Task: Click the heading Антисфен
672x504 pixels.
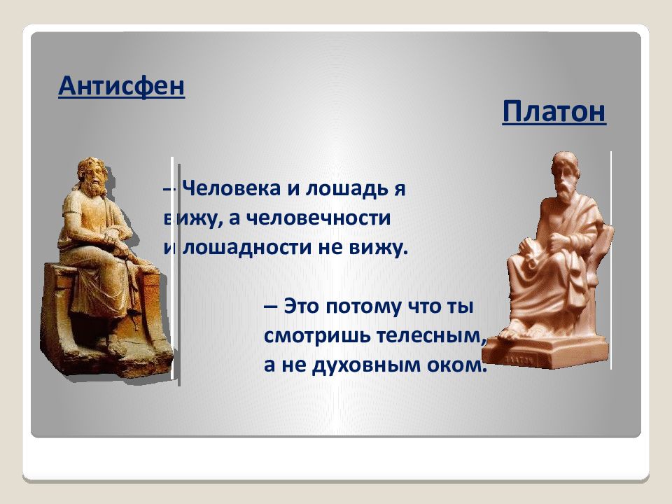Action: [121, 87]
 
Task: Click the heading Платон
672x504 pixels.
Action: [554, 111]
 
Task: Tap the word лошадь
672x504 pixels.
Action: [346, 189]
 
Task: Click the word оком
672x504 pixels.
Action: [457, 365]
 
